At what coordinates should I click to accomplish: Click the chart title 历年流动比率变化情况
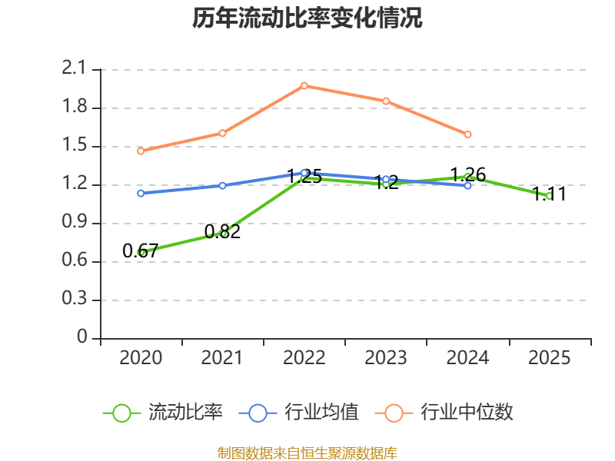307,18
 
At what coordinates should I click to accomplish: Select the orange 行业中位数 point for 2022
304,86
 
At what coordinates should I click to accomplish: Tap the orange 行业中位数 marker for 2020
141,151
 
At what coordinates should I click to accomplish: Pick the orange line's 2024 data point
467,134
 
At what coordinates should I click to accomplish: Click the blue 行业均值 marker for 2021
222,185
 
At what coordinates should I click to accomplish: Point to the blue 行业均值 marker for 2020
141,194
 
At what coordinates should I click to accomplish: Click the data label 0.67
140,251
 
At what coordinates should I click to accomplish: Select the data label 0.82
222,232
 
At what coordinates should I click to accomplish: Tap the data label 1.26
468,174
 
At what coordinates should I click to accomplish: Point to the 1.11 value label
549,194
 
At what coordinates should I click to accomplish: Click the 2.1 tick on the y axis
74,68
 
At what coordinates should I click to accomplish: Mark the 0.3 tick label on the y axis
74,298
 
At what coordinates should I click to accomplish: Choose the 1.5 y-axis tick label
74,144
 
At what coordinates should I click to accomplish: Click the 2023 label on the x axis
386,357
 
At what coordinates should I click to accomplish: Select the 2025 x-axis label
549,357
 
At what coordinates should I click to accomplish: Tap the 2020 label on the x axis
141,357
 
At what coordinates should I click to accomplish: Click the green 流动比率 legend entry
162,413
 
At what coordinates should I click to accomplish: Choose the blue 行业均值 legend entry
298,413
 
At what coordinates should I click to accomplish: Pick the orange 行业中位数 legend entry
444,413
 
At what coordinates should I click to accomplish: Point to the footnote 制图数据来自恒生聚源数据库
307,453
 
